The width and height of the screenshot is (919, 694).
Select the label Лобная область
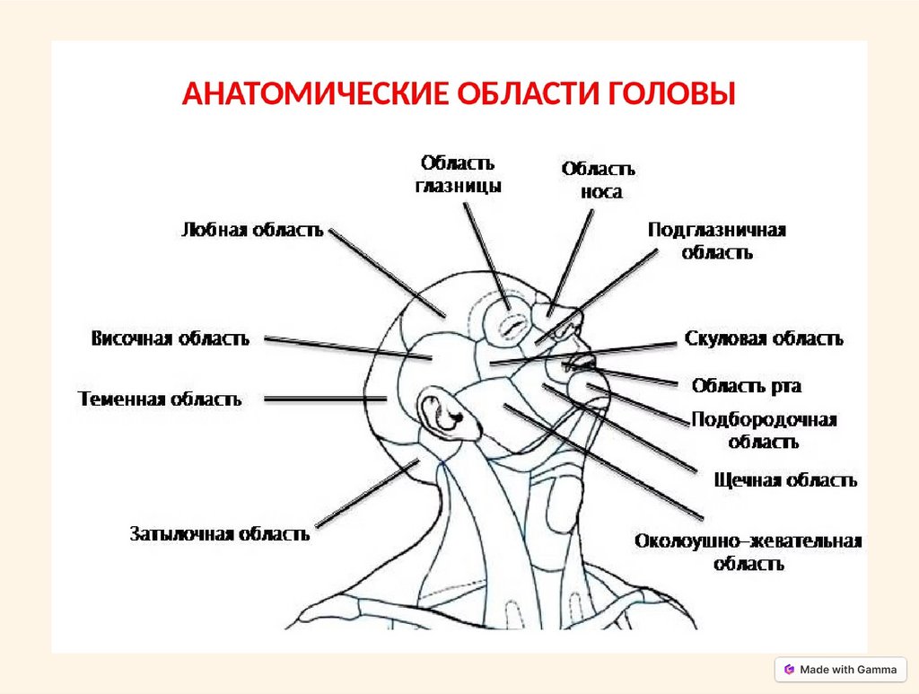tap(252, 230)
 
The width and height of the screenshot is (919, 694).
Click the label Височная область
tap(170, 338)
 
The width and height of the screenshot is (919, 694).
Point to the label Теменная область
tap(160, 399)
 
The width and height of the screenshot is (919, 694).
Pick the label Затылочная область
tap(220, 533)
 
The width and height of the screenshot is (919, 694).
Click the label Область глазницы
tap(458, 174)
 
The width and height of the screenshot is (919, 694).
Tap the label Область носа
tap(599, 180)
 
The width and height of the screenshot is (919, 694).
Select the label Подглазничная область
tap(717, 241)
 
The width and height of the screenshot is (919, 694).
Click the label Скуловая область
tap(764, 338)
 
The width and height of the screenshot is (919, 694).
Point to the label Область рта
tap(747, 386)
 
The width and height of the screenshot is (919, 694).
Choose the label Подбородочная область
tap(764, 430)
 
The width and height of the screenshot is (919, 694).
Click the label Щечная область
tap(785, 480)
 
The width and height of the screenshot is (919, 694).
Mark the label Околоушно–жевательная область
tap(748, 552)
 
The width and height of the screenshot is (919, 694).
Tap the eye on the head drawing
tap(511, 324)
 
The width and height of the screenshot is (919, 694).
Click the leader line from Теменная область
tap(323, 399)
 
